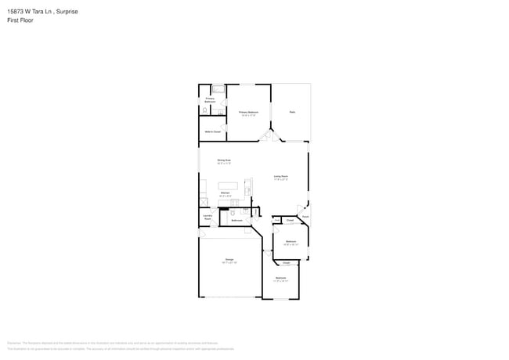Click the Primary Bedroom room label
point(248,112)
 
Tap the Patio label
point(291,112)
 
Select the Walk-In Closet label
point(212,131)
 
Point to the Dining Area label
point(223,160)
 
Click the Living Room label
point(280,176)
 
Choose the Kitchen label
point(224,192)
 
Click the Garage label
point(229,259)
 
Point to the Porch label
point(305,216)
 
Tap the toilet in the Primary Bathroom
point(204,111)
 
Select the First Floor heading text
point(20,20)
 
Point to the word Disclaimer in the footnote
point(14,343)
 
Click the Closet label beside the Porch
point(289,221)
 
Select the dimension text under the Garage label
point(229,262)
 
